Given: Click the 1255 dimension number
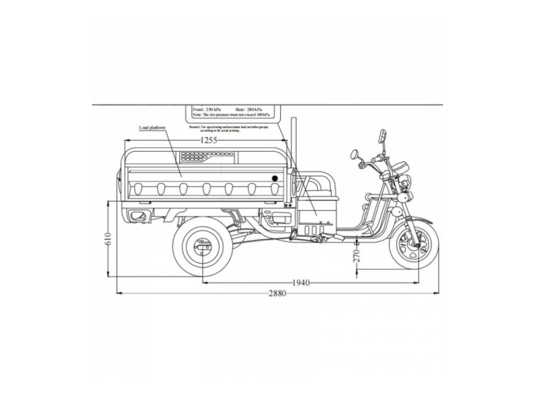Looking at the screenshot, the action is [x=208, y=140].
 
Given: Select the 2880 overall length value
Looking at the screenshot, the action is [x=277, y=293].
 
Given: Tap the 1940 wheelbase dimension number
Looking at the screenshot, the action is [x=300, y=283].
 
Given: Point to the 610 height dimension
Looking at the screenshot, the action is [x=109, y=239].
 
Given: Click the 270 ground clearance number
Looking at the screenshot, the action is [x=357, y=256].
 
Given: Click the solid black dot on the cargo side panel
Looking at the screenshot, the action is [x=275, y=179].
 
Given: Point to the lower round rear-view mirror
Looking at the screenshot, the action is [x=355, y=155].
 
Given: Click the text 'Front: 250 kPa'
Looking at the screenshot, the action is [x=206, y=110].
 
